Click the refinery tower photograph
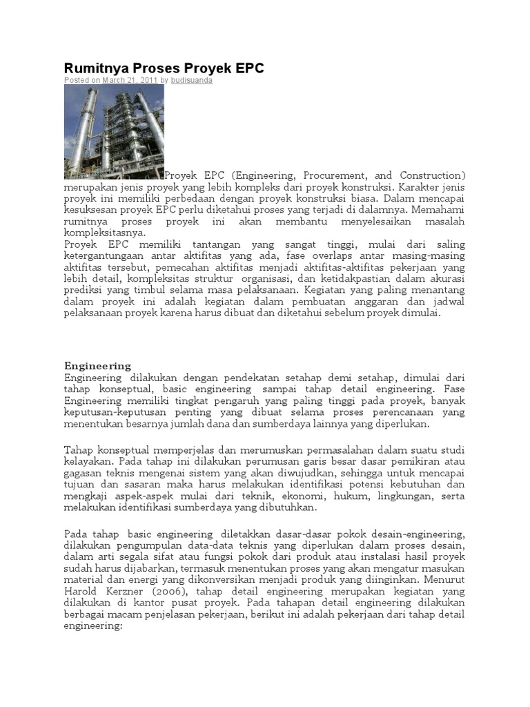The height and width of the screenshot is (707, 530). (x=114, y=131)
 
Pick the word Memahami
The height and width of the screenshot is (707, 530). (x=440, y=209)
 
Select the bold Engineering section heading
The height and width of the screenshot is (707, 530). (x=97, y=365)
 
